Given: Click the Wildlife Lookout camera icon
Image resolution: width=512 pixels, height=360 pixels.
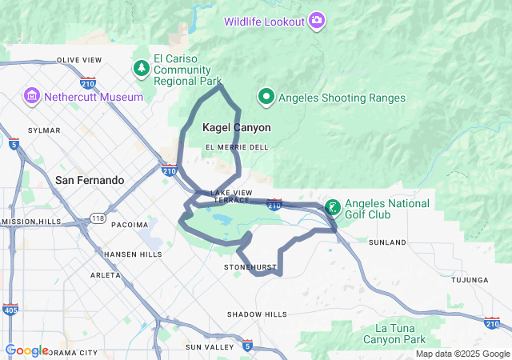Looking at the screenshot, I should (x=318, y=20).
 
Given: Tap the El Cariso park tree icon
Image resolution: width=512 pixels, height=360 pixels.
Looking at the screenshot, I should (x=142, y=68).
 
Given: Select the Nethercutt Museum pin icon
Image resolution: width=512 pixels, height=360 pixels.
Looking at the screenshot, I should (x=32, y=97).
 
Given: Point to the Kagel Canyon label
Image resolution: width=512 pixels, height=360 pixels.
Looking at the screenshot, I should (x=236, y=127).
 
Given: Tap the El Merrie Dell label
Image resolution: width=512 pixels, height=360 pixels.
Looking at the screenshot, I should (x=237, y=147).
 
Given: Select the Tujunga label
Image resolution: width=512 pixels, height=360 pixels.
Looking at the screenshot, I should (x=470, y=280).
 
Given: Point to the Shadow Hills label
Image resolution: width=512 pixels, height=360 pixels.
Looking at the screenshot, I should (x=257, y=314).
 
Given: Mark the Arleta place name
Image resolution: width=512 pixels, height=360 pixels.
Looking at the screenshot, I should (x=106, y=274).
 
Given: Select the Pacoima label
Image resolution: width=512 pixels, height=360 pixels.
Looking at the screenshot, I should (x=130, y=224).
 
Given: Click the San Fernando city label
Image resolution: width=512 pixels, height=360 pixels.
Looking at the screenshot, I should (x=89, y=180).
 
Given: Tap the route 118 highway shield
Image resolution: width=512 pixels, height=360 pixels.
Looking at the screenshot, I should (x=97, y=218).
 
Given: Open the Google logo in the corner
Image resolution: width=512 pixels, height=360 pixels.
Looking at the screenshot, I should (x=26, y=350).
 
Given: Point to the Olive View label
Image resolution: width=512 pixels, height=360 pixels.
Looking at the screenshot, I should (x=78, y=60).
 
